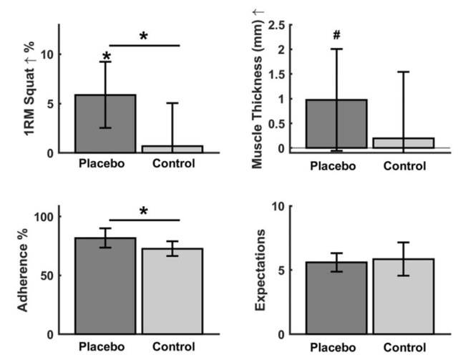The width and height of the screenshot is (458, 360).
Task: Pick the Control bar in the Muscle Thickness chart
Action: (x=404, y=143)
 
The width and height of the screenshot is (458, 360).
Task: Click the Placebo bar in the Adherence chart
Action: (x=106, y=286)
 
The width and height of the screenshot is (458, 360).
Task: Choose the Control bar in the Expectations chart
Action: (x=404, y=297)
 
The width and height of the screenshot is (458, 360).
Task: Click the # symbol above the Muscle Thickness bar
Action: (x=336, y=34)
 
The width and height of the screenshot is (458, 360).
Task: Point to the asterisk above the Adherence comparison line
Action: (x=143, y=211)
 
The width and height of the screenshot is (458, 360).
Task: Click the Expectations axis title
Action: (x=262, y=271)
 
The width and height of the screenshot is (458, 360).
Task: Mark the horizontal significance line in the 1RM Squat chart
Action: (x=143, y=46)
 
